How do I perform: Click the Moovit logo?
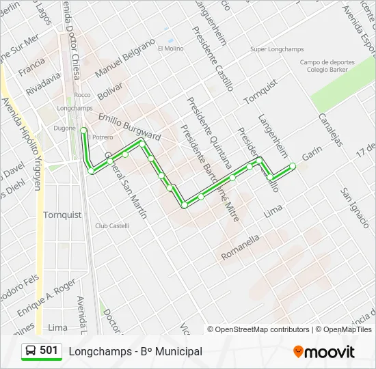(x=324, y=352)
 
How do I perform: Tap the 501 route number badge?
(x=42, y=351)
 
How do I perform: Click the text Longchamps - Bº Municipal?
(x=135, y=351)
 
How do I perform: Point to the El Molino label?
(x=170, y=49)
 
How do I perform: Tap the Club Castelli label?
(x=112, y=225)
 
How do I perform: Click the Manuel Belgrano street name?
(x=126, y=60)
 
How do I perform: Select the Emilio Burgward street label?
(x=129, y=127)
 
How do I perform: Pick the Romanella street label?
(x=240, y=247)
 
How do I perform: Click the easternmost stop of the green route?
(x=293, y=165)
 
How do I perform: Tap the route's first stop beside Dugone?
(x=83, y=130)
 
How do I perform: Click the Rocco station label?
(x=82, y=95)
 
